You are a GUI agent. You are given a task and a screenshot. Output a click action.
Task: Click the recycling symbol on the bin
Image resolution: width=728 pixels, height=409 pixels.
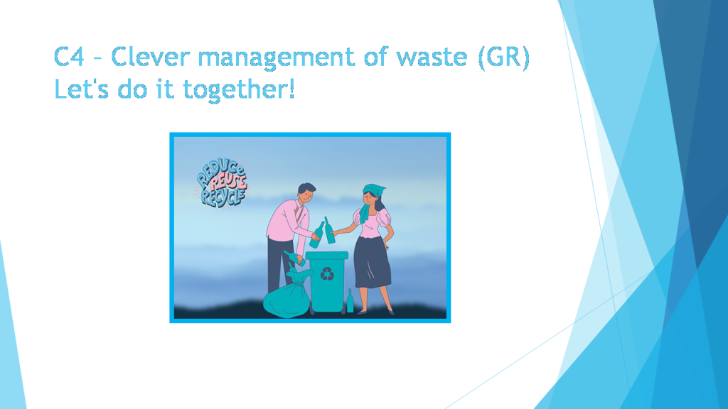tap(327, 274)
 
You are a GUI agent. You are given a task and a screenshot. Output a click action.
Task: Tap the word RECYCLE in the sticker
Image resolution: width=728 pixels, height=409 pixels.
tap(222, 197)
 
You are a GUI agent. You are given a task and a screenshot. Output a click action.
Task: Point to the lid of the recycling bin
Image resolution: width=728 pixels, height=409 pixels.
tap(327, 254)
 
